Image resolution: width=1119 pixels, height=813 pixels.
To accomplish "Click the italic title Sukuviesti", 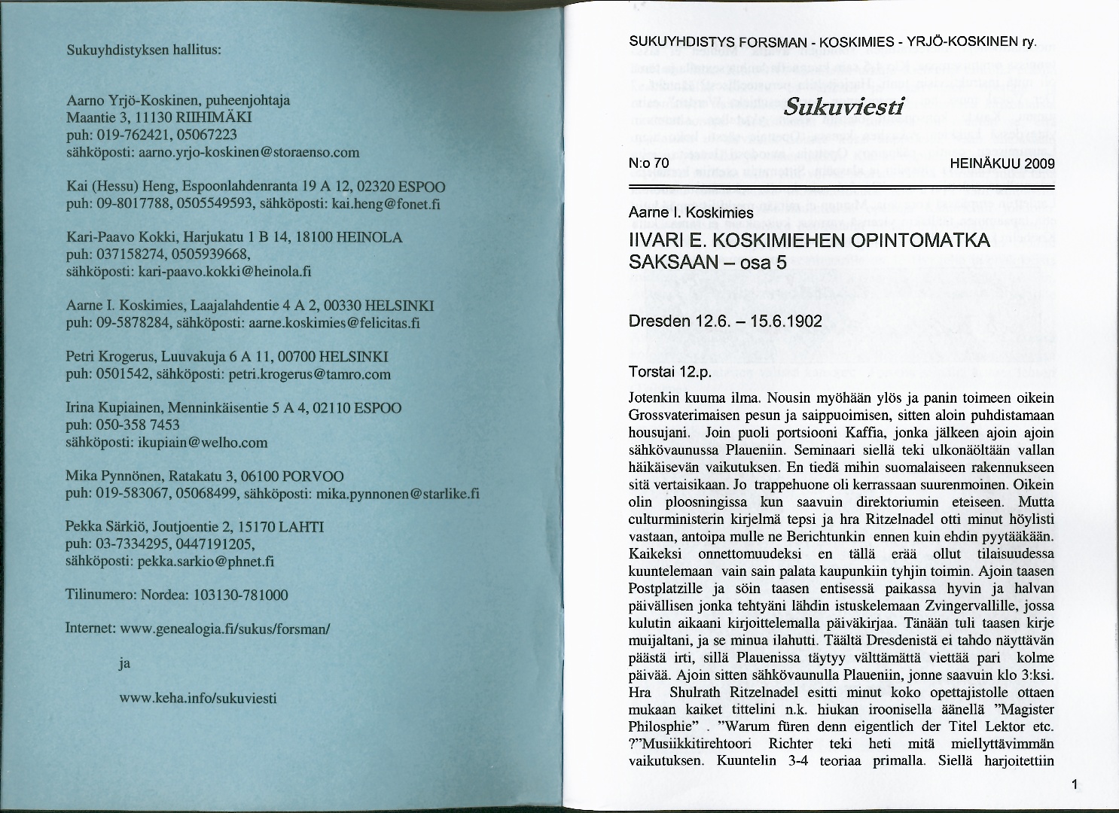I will (x=843, y=107).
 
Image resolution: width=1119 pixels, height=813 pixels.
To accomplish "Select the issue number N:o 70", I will (x=648, y=163).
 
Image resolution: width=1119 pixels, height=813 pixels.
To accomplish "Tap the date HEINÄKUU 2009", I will (x=1002, y=163).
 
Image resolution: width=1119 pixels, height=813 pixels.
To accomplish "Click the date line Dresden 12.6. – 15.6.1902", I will (x=724, y=321).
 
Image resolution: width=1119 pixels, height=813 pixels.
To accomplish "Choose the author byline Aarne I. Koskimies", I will (x=691, y=213).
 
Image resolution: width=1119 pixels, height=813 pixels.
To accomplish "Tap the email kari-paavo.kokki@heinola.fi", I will (x=225, y=271).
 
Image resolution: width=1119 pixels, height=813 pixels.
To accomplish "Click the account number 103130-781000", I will (x=241, y=595).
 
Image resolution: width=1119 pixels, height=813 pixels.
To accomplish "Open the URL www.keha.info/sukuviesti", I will (x=198, y=698).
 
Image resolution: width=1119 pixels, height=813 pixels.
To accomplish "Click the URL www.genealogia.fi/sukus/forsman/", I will (x=225, y=628).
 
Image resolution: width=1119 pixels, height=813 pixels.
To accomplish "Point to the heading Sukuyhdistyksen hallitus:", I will (x=143, y=51).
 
